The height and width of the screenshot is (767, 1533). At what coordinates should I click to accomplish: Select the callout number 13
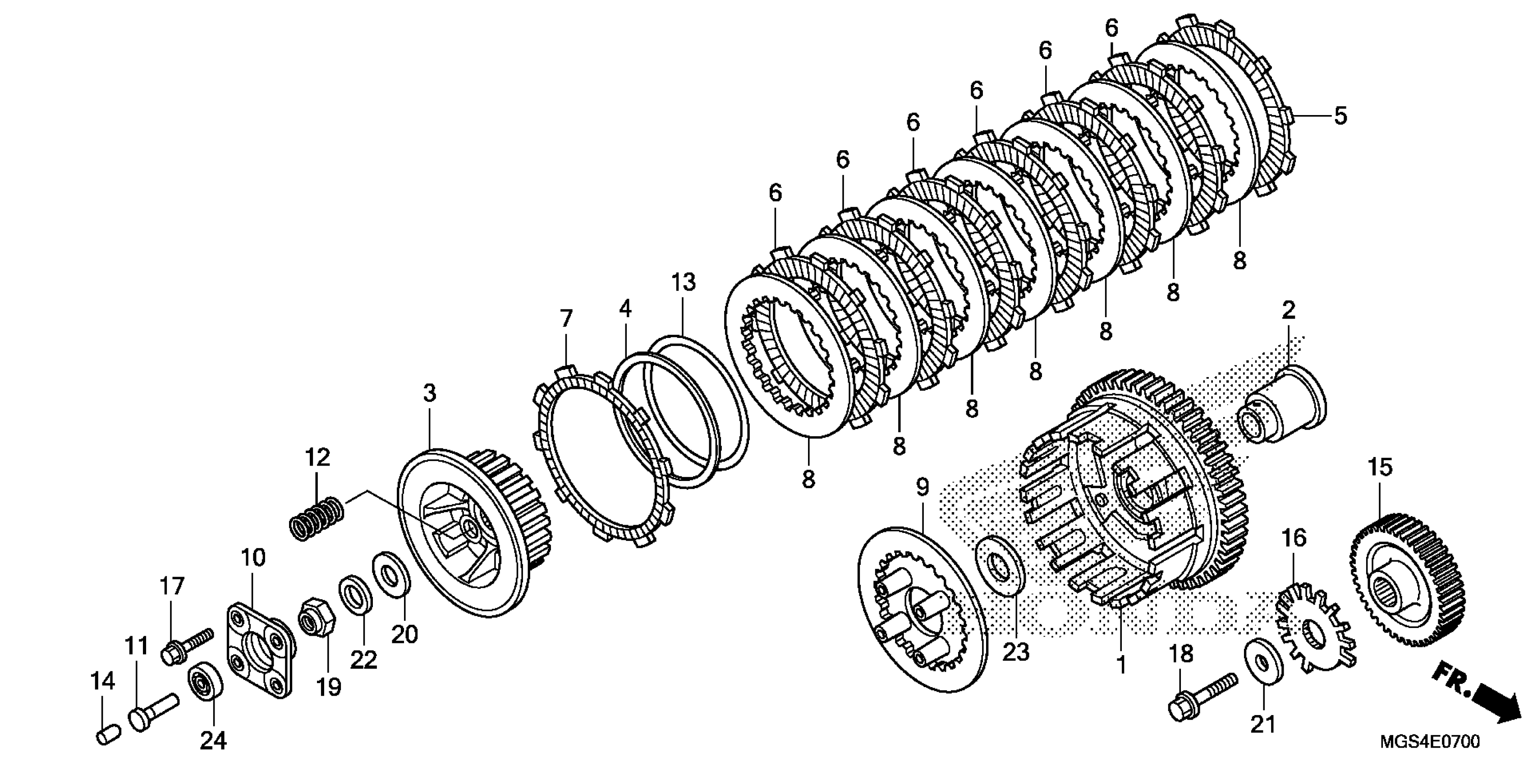click(684, 283)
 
